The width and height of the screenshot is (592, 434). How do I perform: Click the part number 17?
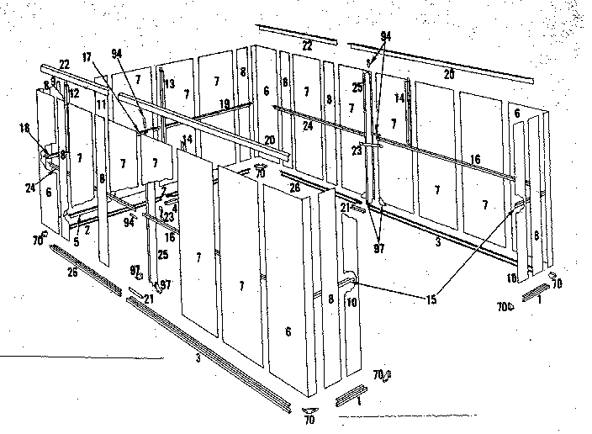pos(87,57)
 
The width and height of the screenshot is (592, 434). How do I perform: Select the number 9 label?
pos(53,82)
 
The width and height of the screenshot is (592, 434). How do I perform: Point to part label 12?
pos(74,92)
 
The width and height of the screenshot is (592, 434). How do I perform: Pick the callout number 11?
pos(102,104)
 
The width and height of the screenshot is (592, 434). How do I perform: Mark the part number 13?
pos(169,83)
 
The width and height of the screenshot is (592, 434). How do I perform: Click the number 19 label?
pos(225,103)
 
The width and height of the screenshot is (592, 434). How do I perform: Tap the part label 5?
pos(76,241)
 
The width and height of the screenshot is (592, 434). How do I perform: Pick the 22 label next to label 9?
pos(65,64)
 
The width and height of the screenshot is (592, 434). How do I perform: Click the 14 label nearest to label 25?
pos(399,98)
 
